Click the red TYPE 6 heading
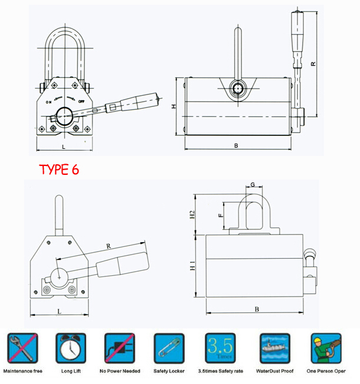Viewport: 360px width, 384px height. click(59, 170)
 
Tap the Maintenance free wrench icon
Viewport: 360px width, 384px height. click(22, 349)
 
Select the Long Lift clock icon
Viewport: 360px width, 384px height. click(71, 349)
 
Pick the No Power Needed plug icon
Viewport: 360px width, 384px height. click(120, 349)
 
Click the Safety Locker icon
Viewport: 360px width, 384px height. click(169, 349)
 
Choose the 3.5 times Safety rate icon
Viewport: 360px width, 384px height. click(219, 349)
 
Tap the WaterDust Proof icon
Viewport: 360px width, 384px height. click(274, 349)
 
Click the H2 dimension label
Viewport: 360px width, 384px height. click(191, 215)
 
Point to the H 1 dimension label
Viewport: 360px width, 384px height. click(191, 268)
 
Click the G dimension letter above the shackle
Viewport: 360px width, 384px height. click(253, 185)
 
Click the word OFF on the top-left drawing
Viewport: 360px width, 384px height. click(81, 102)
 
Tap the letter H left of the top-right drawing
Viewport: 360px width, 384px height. click(174, 107)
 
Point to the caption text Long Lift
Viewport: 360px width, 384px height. click(71, 372)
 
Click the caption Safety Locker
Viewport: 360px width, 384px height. click(169, 372)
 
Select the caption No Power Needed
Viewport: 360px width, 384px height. click(120, 372)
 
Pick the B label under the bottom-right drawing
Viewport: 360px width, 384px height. click(257, 309)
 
